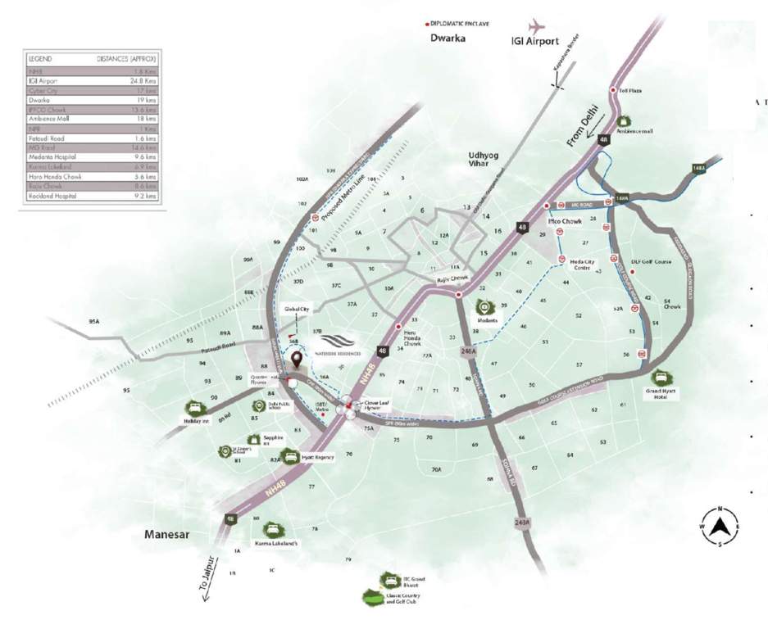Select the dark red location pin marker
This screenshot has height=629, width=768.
pyautogui.click(x=297, y=357)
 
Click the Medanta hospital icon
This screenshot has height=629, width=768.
pyautogui.click(x=484, y=308)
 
